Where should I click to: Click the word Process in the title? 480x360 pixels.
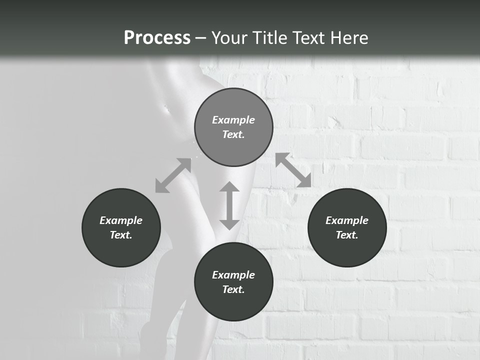pos(157,38)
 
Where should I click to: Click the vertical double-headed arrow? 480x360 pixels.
pos(229,205)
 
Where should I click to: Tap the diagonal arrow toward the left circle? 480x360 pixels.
pos(173,175)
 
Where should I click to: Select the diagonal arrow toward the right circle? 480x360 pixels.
pos(293,170)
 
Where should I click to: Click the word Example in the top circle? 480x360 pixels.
pos(233,120)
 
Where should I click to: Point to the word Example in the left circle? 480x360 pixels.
pos(121,220)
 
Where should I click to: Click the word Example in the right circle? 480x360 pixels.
pos(347,220)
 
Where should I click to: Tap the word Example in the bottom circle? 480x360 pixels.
pos(233,275)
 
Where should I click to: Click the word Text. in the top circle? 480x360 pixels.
pos(233,134)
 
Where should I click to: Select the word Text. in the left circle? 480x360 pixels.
pos(121,235)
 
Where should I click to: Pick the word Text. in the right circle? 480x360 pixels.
pos(347,235)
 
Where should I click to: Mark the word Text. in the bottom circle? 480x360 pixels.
pos(233,289)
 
